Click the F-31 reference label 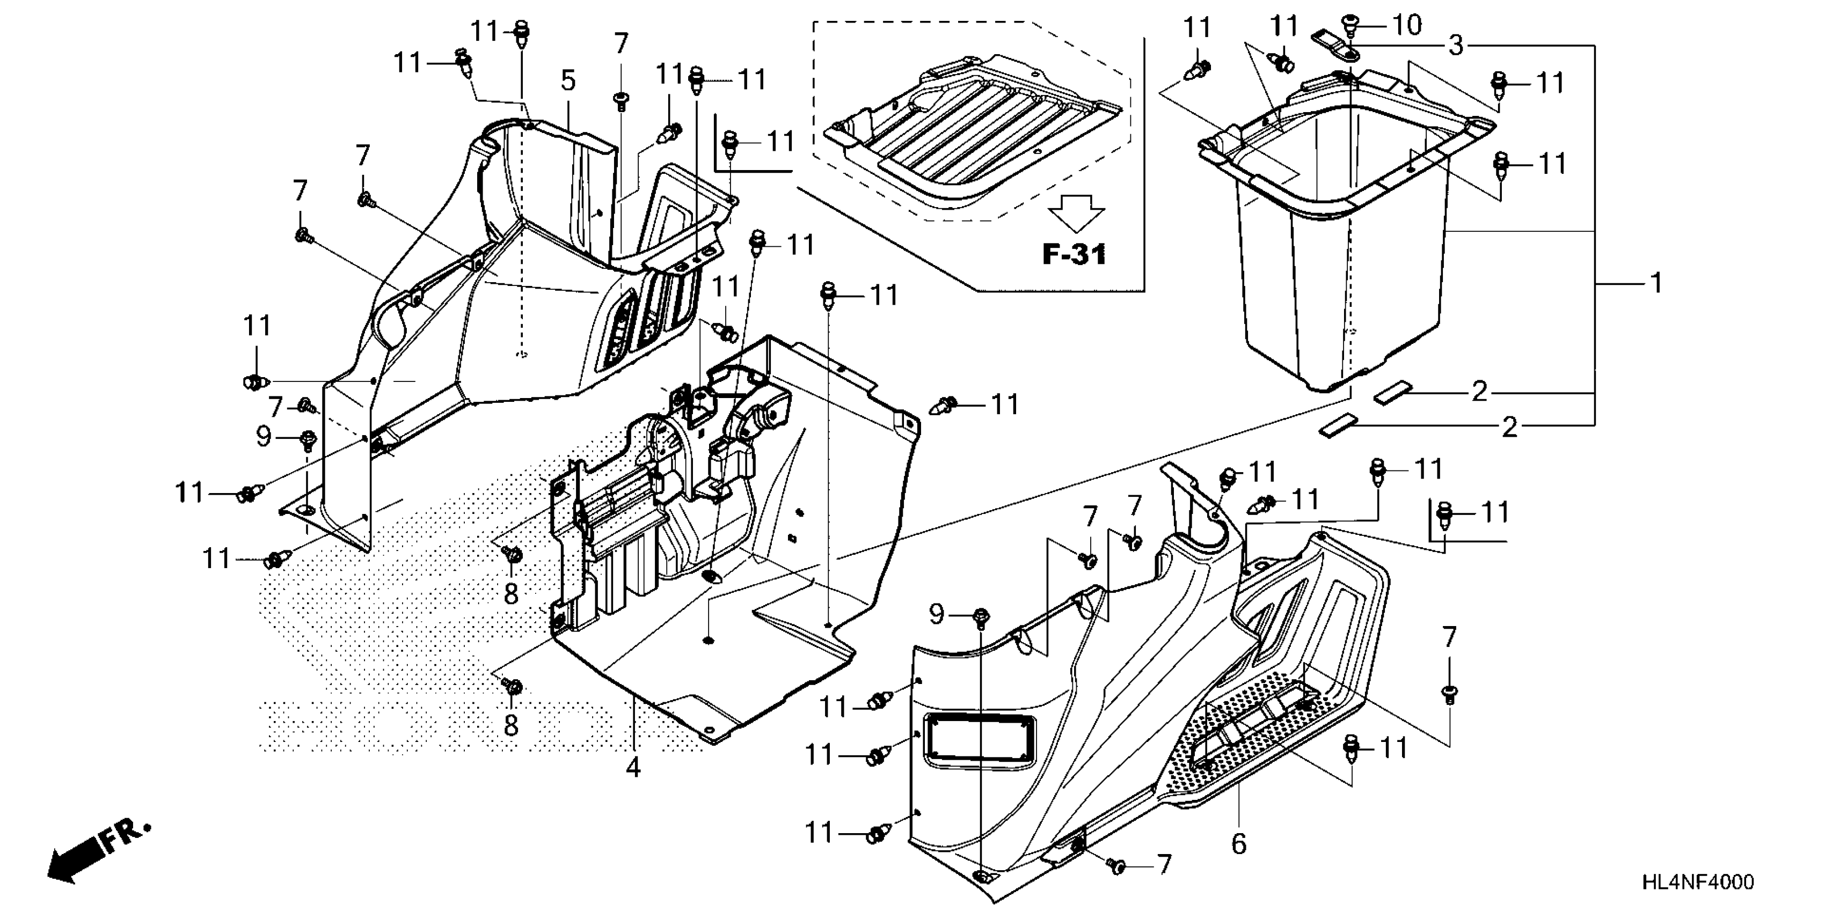(1074, 254)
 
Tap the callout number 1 (1656, 283)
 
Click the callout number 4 (633, 766)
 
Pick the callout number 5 (568, 80)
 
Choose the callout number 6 (1238, 843)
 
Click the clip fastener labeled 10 (1349, 26)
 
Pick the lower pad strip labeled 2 (1337, 428)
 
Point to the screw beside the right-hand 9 (981, 618)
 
